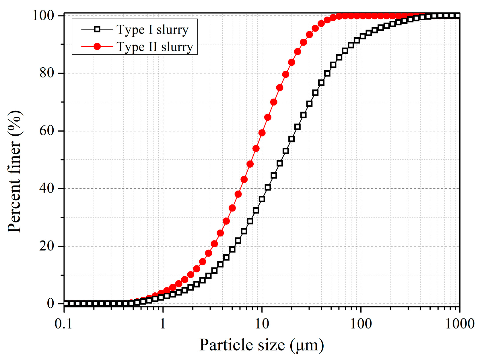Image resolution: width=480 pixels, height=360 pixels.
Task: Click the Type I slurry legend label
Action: (152, 30)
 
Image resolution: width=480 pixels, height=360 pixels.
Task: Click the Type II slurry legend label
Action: (155, 47)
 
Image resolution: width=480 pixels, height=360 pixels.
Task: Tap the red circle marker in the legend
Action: (97, 46)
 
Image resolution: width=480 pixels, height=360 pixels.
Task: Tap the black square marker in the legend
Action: (97, 29)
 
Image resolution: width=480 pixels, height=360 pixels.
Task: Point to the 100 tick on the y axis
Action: (43, 15)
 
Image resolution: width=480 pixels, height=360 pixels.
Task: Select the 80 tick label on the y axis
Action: (47, 73)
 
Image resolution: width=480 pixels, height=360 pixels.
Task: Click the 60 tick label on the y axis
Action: (47, 131)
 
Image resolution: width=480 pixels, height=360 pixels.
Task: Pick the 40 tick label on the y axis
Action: (47, 188)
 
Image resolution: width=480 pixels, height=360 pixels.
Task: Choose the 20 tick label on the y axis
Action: (47, 246)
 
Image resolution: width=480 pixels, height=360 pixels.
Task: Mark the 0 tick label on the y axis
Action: (50, 303)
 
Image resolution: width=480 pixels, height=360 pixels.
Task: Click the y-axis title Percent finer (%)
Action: (14, 171)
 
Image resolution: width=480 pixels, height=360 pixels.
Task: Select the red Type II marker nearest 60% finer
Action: (262, 133)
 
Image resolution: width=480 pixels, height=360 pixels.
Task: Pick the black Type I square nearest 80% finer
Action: (327, 73)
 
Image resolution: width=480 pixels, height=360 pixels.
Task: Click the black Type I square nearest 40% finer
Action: (268, 187)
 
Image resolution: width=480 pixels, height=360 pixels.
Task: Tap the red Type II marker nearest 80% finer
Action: (285, 75)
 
